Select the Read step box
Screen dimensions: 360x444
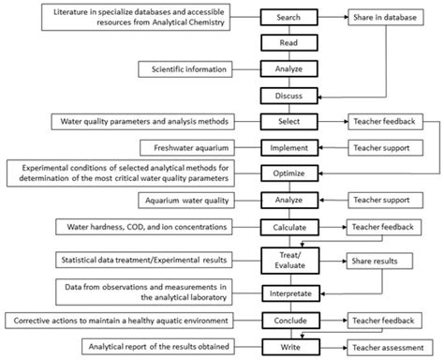(x=289, y=43)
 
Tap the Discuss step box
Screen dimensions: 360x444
(x=289, y=95)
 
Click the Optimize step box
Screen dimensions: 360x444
(x=289, y=173)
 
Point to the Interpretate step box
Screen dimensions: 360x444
(x=289, y=293)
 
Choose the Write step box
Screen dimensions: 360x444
(x=289, y=346)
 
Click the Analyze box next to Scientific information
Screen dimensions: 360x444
(x=289, y=68)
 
